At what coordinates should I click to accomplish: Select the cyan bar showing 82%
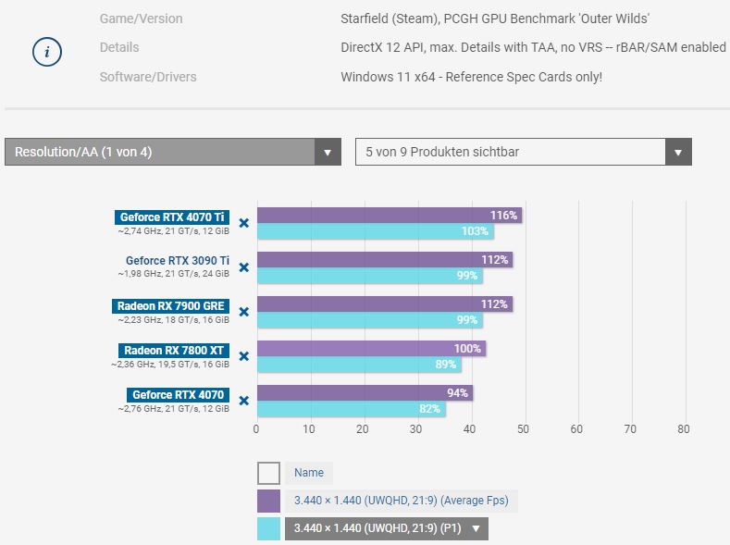pyautogui.click(x=351, y=409)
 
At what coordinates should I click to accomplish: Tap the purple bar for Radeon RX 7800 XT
pyautogui.click(x=371, y=348)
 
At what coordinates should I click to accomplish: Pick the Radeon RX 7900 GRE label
pyautogui.click(x=172, y=305)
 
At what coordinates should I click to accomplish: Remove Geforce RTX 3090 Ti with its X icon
pyautogui.click(x=244, y=267)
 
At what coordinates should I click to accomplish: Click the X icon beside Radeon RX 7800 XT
pyautogui.click(x=244, y=356)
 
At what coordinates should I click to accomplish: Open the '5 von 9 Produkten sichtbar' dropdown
pyautogui.click(x=523, y=152)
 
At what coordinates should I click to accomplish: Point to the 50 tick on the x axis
pyautogui.click(x=524, y=429)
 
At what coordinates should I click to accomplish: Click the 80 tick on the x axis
pyautogui.click(x=684, y=429)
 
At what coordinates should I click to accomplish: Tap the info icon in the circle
pyautogui.click(x=47, y=53)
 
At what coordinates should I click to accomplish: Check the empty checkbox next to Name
pyautogui.click(x=268, y=473)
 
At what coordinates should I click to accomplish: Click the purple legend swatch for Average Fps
pyautogui.click(x=268, y=501)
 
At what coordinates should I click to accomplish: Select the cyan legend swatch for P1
pyautogui.click(x=268, y=528)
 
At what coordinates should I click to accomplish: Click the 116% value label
pyautogui.click(x=503, y=215)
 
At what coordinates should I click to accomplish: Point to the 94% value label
pyautogui.click(x=457, y=392)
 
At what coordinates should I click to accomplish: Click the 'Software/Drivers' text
pyautogui.click(x=148, y=77)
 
